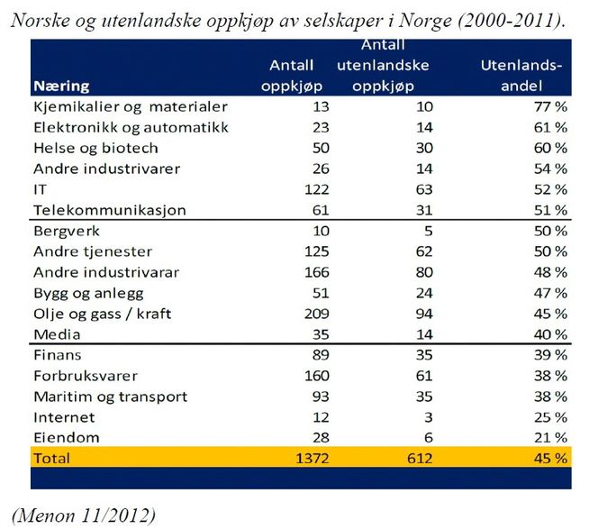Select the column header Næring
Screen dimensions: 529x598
(61, 87)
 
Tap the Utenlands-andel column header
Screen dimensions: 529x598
(521, 76)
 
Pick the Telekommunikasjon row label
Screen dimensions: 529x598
(109, 210)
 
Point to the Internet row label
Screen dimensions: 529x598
(64, 416)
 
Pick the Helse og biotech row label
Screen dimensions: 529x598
(95, 148)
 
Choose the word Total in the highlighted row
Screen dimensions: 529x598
(52, 458)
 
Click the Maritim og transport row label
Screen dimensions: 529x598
(110, 396)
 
